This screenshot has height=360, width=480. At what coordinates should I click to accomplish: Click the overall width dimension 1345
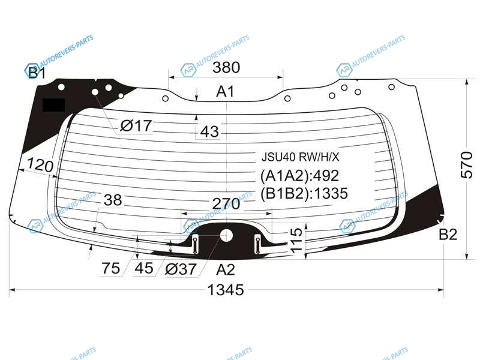pyautogui.click(x=226, y=290)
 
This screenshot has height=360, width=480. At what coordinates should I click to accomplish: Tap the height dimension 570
pyautogui.click(x=467, y=164)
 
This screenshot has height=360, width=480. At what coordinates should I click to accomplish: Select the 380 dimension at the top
pyautogui.click(x=226, y=67)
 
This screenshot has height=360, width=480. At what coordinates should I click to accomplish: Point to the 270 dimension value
pyautogui.click(x=226, y=204)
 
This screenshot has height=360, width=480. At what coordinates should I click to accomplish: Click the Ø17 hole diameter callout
pyautogui.click(x=136, y=125)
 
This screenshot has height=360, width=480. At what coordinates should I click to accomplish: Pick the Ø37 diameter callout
pyautogui.click(x=181, y=269)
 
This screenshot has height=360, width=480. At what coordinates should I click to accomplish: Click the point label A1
pyautogui.click(x=225, y=92)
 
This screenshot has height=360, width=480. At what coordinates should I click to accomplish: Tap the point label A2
pyautogui.click(x=226, y=269)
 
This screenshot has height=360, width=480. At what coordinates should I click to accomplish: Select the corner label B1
pyautogui.click(x=37, y=73)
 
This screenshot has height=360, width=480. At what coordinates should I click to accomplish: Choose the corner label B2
pyautogui.click(x=448, y=235)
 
